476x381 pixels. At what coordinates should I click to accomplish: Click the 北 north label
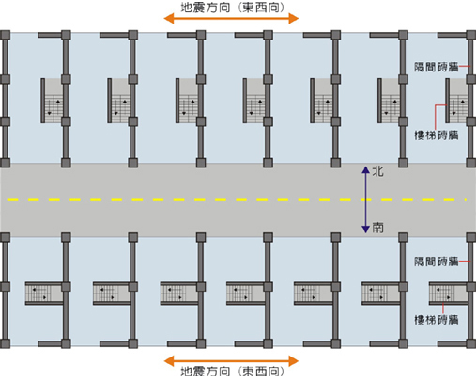[x=377, y=171]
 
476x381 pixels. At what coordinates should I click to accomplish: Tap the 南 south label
[x=377, y=228]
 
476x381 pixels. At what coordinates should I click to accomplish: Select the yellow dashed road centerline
[x=237, y=199]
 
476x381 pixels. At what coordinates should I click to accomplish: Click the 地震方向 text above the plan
[x=206, y=8]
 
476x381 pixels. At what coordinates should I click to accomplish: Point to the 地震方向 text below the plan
[x=206, y=372]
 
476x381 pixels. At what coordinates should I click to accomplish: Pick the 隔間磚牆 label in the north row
[x=437, y=67]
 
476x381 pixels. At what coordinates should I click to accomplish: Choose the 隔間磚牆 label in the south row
[x=437, y=262]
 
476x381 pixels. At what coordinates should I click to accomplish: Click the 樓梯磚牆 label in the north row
[x=437, y=135]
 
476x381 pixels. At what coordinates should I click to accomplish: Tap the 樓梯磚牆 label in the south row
[x=437, y=320]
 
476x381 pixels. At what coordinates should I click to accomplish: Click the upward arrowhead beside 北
[x=365, y=170]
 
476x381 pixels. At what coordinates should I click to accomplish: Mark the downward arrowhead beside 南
[x=365, y=230]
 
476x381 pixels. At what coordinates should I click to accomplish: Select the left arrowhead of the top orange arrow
[x=169, y=19]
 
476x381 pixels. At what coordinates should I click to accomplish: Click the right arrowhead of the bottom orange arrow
[x=294, y=361]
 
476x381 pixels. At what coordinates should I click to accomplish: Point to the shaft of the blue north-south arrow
[x=365, y=199]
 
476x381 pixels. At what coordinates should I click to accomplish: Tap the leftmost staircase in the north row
[x=54, y=101]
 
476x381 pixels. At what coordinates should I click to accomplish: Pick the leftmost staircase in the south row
[x=44, y=294]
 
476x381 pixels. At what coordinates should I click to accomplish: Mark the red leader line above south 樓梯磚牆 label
[x=443, y=309]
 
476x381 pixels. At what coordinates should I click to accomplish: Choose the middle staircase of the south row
[x=245, y=294]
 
